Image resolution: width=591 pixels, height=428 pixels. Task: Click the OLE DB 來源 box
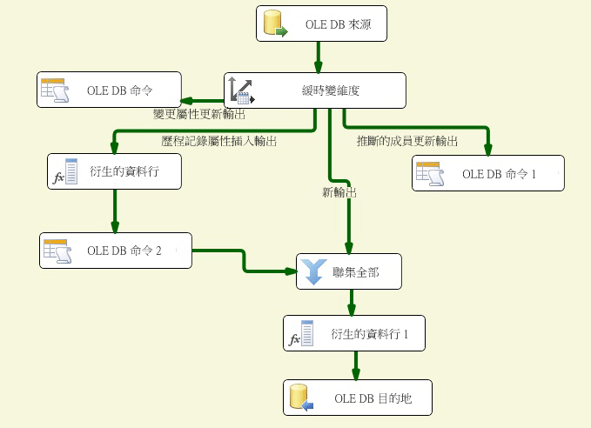tap(322, 23)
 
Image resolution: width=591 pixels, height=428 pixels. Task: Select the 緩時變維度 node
tap(315, 90)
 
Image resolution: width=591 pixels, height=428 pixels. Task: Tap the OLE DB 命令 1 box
tap(487, 173)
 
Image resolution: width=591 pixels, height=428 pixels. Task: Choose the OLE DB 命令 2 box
tap(115, 251)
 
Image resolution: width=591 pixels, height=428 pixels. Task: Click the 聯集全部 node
tap(351, 272)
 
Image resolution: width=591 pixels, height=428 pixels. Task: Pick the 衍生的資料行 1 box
tap(354, 333)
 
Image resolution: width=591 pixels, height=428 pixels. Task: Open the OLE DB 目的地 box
tap(357, 398)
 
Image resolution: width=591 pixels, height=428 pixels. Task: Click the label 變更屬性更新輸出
tap(198, 113)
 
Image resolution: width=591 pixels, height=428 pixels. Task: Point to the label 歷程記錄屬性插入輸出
tap(219, 140)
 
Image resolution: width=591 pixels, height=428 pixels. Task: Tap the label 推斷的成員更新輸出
tap(406, 140)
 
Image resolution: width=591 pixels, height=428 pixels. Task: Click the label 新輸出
tap(339, 193)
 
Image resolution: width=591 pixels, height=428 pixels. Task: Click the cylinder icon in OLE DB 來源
tap(275, 24)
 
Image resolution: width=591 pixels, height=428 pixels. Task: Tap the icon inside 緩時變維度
tap(240, 90)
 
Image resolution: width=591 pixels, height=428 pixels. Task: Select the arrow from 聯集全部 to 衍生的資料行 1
tap(352, 302)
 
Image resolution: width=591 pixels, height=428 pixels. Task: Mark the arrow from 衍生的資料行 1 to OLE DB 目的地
tap(355, 364)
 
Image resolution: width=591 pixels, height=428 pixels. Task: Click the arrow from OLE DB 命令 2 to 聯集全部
tap(245, 260)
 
